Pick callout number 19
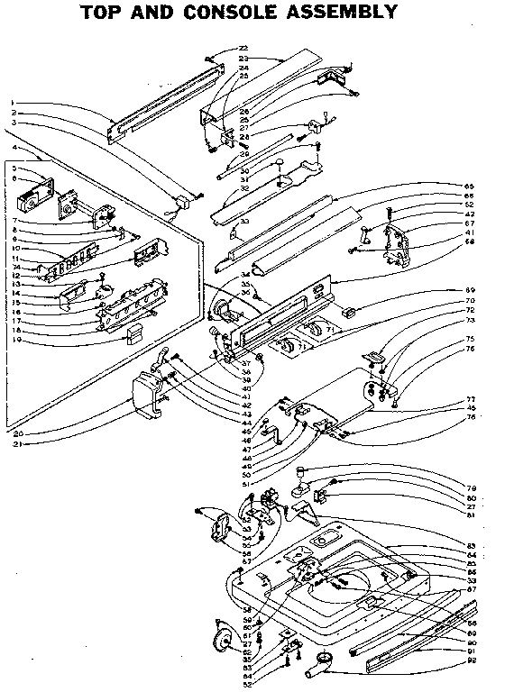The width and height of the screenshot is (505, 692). [x=17, y=341]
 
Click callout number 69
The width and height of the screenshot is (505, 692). [x=470, y=289]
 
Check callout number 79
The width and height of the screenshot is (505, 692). [x=470, y=487]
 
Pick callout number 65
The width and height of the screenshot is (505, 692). [x=470, y=186]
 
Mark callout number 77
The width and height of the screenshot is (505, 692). [x=470, y=398]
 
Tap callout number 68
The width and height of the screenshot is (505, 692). [x=470, y=241]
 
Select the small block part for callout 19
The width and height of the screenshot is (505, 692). [x=133, y=335]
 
